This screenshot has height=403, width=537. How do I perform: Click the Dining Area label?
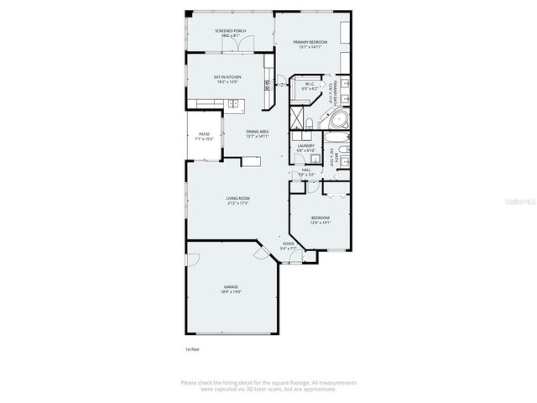point(258,132)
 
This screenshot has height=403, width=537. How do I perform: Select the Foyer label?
point(289,246)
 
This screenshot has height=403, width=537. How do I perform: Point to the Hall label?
point(306,170)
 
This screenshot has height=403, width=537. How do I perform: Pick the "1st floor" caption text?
point(193,348)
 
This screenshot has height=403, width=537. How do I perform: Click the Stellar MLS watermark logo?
point(523,201)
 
